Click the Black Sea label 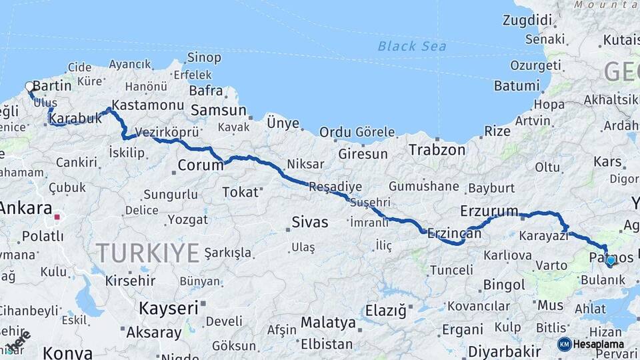[x=411, y=46]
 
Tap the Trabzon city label [x=437, y=150]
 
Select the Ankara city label [x=25, y=208]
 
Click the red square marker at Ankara [x=57, y=217]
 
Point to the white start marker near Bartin [x=29, y=86]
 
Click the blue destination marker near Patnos [x=610, y=260]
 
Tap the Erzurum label [x=489, y=211]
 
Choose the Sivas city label [x=310, y=222]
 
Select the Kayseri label [x=169, y=308]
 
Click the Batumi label [x=516, y=86]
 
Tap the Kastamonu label [x=147, y=105]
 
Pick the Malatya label [x=328, y=323]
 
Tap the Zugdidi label [x=527, y=20]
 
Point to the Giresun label [x=363, y=154]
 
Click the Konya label [x=65, y=353]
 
